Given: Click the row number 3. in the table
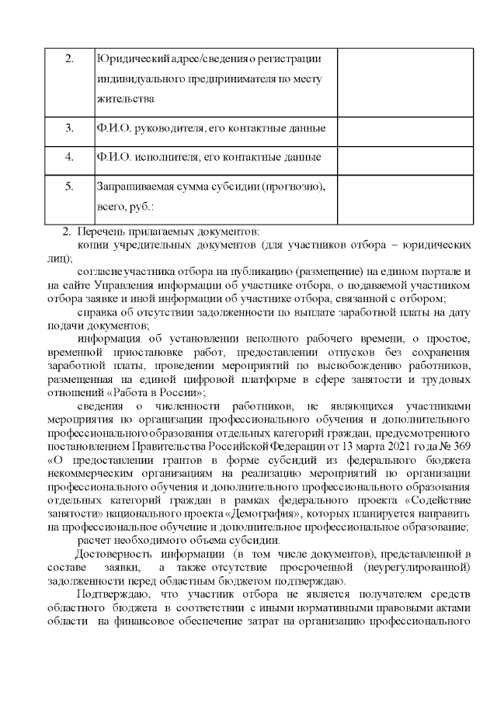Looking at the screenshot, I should [68, 128].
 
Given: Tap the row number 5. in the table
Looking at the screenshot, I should [68, 186].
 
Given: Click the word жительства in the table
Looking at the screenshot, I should [123, 99].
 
